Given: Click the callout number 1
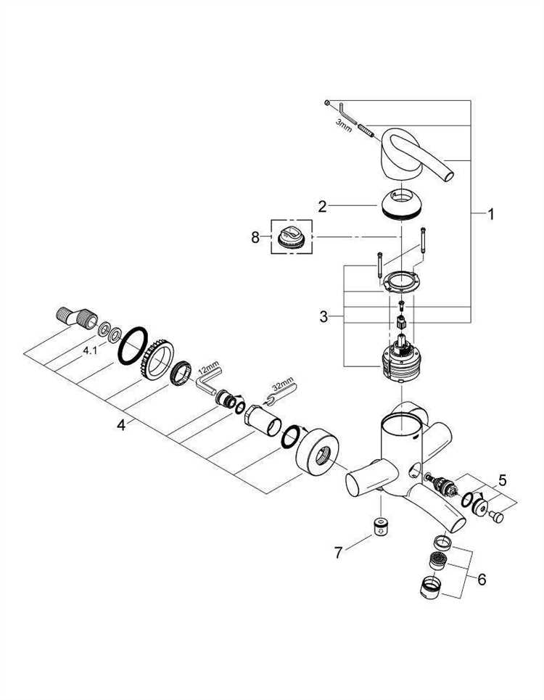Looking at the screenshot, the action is [x=490, y=215].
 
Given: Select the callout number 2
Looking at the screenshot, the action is [x=322, y=207].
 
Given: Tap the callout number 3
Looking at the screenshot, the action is [x=323, y=317].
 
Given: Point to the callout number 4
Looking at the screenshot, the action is [x=121, y=425].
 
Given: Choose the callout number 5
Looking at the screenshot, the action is [x=503, y=480].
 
